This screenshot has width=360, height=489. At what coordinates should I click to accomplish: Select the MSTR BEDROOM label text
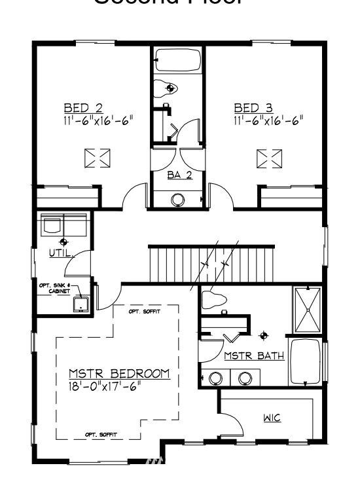tap(119, 374)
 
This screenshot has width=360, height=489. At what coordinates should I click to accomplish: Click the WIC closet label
tap(272, 417)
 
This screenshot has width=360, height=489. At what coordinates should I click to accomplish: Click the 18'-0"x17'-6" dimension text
tap(105, 386)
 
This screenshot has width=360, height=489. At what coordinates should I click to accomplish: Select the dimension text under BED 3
tap(268, 120)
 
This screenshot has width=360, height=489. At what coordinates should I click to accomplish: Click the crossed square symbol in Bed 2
tap(98, 158)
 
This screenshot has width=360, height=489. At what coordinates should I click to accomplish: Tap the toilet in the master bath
tap(214, 300)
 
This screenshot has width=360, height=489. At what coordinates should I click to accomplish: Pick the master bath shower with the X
tap(306, 310)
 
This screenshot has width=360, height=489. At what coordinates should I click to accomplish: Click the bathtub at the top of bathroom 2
tap(177, 62)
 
